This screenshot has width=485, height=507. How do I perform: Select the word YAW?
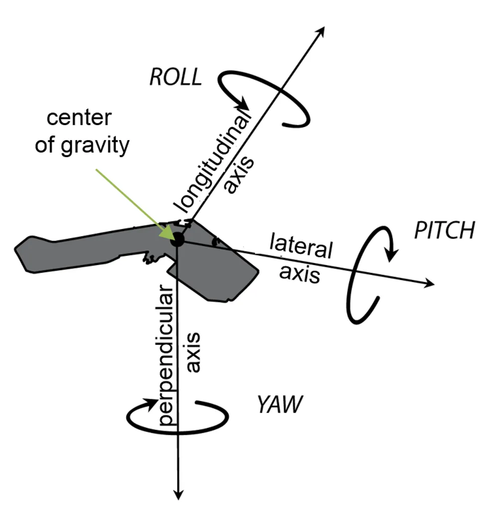coord(280,405)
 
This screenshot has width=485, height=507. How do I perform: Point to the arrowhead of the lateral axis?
coord(429,285)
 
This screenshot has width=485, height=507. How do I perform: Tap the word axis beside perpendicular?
coord(193,352)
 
